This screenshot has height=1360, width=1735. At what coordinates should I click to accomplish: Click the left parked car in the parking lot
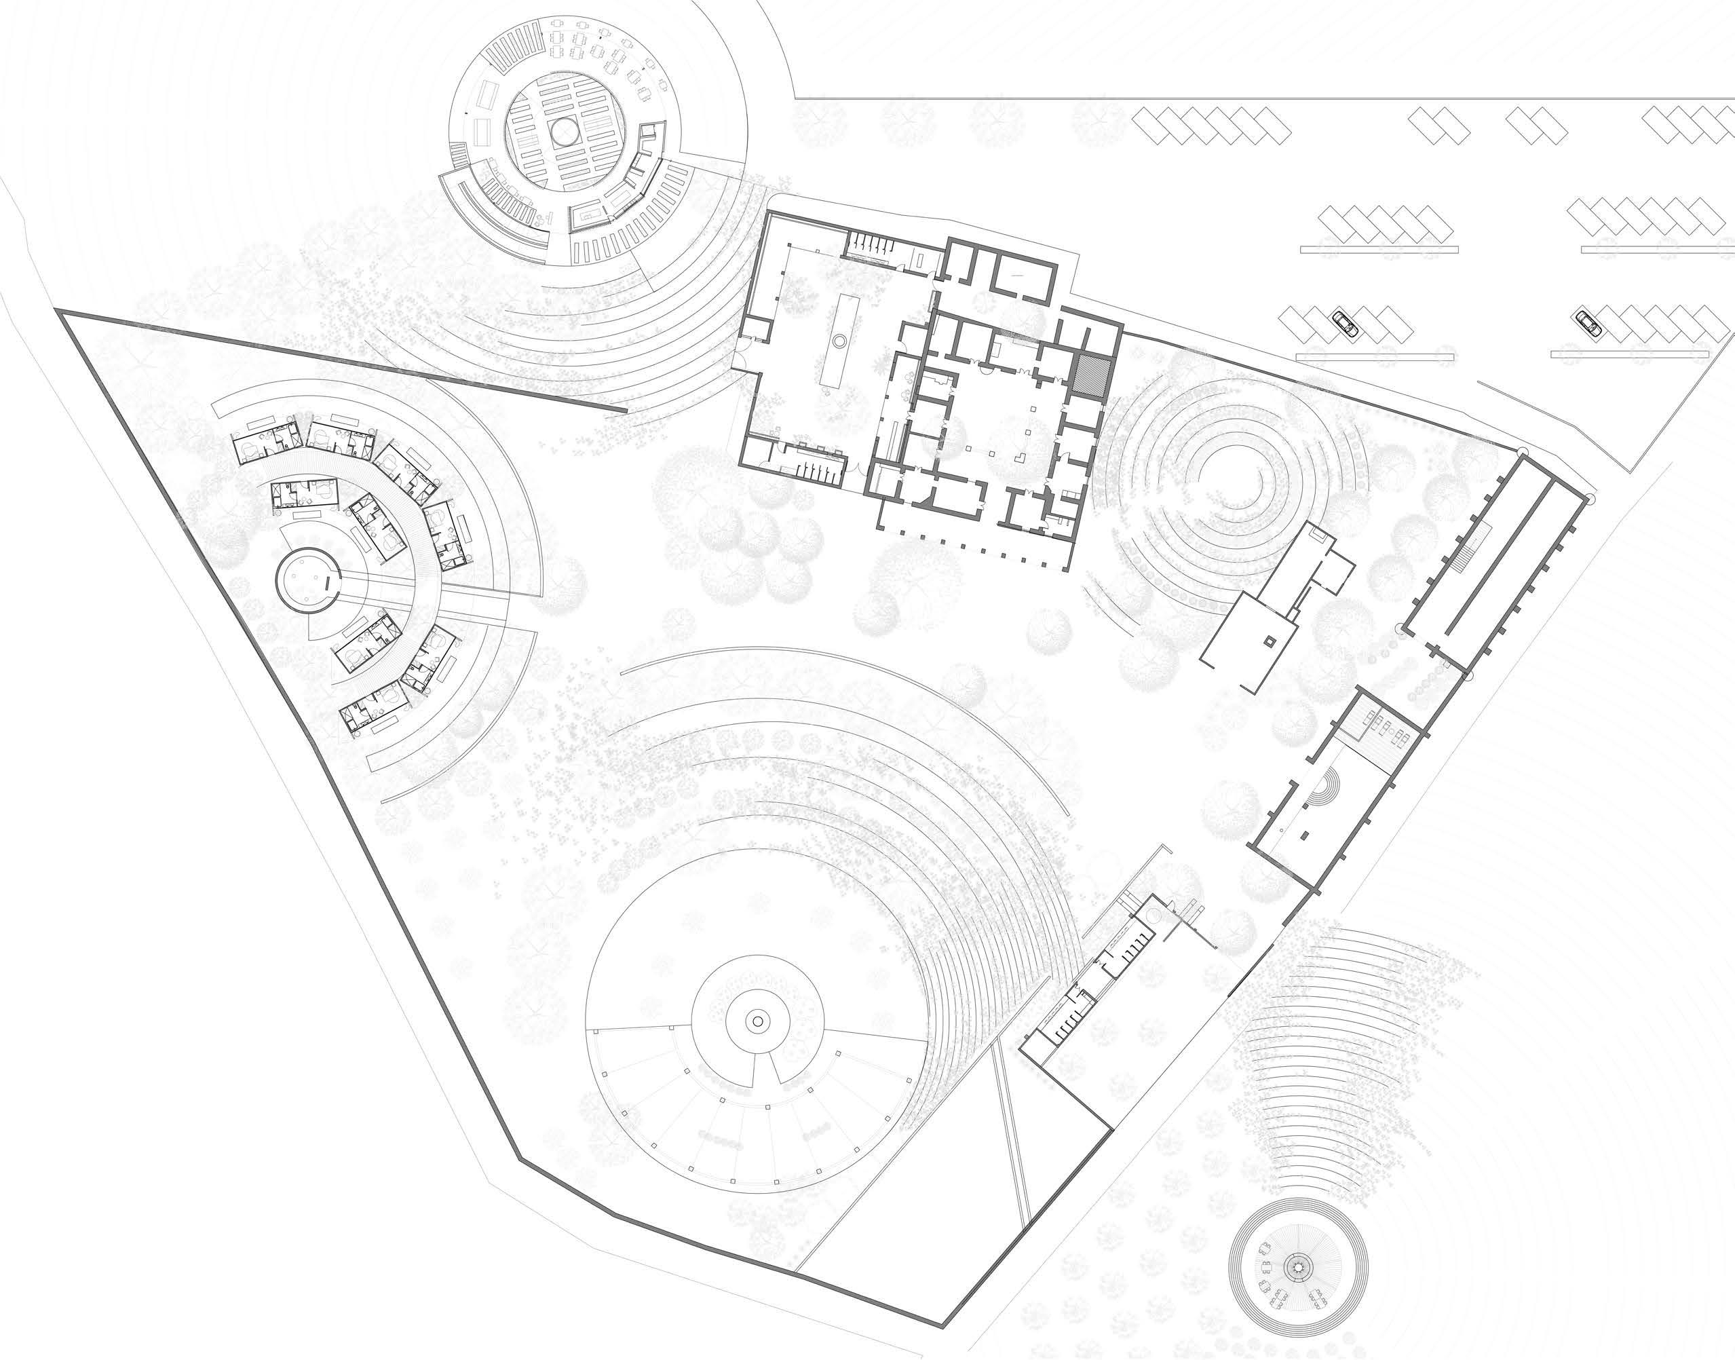pos(1344,324)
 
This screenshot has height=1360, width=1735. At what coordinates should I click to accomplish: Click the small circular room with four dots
pos(307,580)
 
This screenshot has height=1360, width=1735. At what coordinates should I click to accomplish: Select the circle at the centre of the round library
pos(565,132)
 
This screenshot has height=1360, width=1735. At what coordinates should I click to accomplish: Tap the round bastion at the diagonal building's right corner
pos(1591,499)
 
